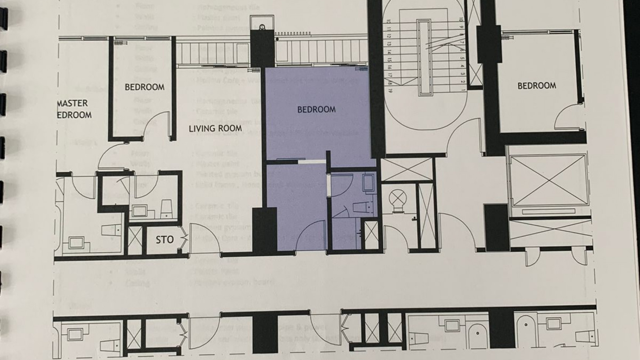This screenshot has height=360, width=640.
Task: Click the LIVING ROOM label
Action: tap(215, 129)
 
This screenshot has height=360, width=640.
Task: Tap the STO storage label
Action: tap(164, 240)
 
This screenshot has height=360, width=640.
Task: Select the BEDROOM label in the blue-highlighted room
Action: tap(316, 110)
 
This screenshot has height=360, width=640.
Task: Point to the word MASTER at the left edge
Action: tap(73, 103)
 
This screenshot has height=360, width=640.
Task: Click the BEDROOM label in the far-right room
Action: tap(537, 86)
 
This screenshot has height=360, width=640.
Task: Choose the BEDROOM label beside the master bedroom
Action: tap(144, 87)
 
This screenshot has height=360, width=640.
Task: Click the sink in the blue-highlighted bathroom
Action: tap(368, 183)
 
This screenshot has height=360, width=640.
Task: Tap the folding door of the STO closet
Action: tap(183, 239)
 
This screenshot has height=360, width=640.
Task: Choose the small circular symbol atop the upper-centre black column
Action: tap(262, 27)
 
